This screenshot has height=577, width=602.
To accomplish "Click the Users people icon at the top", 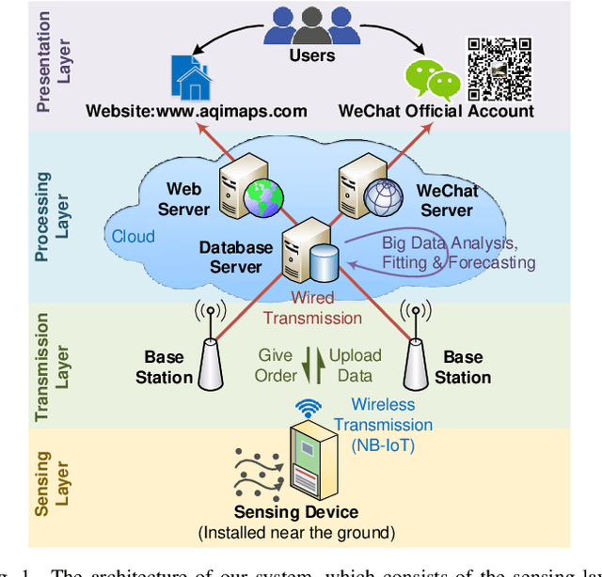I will [311, 25].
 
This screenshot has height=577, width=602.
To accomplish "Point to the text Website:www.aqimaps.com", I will [196, 112].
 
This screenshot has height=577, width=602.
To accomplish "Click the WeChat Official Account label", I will [436, 112].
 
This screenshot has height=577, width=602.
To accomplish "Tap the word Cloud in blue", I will [133, 237].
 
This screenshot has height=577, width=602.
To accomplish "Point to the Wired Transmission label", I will [311, 308].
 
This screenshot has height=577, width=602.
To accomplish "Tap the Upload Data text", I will [355, 366].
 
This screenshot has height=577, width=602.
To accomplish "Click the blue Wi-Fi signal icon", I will [308, 409].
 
